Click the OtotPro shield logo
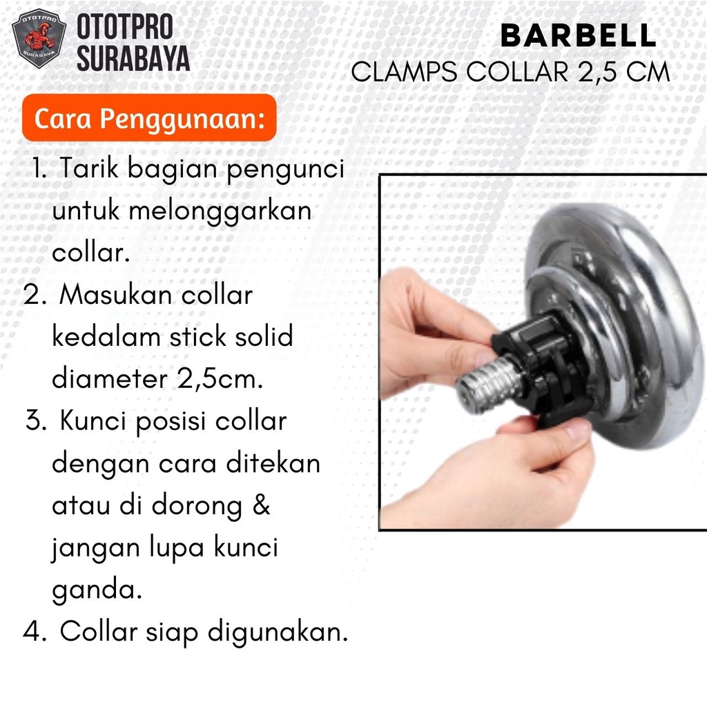click(39, 39)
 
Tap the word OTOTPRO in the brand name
click(125, 27)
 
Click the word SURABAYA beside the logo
click(133, 58)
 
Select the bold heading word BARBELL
click(579, 35)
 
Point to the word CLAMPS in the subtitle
click(404, 72)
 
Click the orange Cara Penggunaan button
click(149, 118)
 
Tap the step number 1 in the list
click(39, 168)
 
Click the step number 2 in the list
click(35, 295)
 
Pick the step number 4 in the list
click(35, 630)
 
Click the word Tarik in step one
click(89, 168)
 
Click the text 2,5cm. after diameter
click(220, 379)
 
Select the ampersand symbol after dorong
click(261, 505)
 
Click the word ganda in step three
click(97, 590)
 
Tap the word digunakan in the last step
click(278, 632)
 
